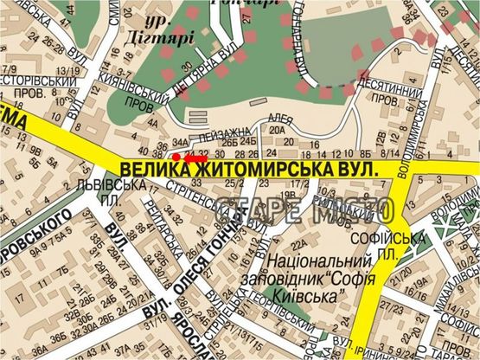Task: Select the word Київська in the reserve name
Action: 313,296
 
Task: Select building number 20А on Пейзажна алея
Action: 277,130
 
